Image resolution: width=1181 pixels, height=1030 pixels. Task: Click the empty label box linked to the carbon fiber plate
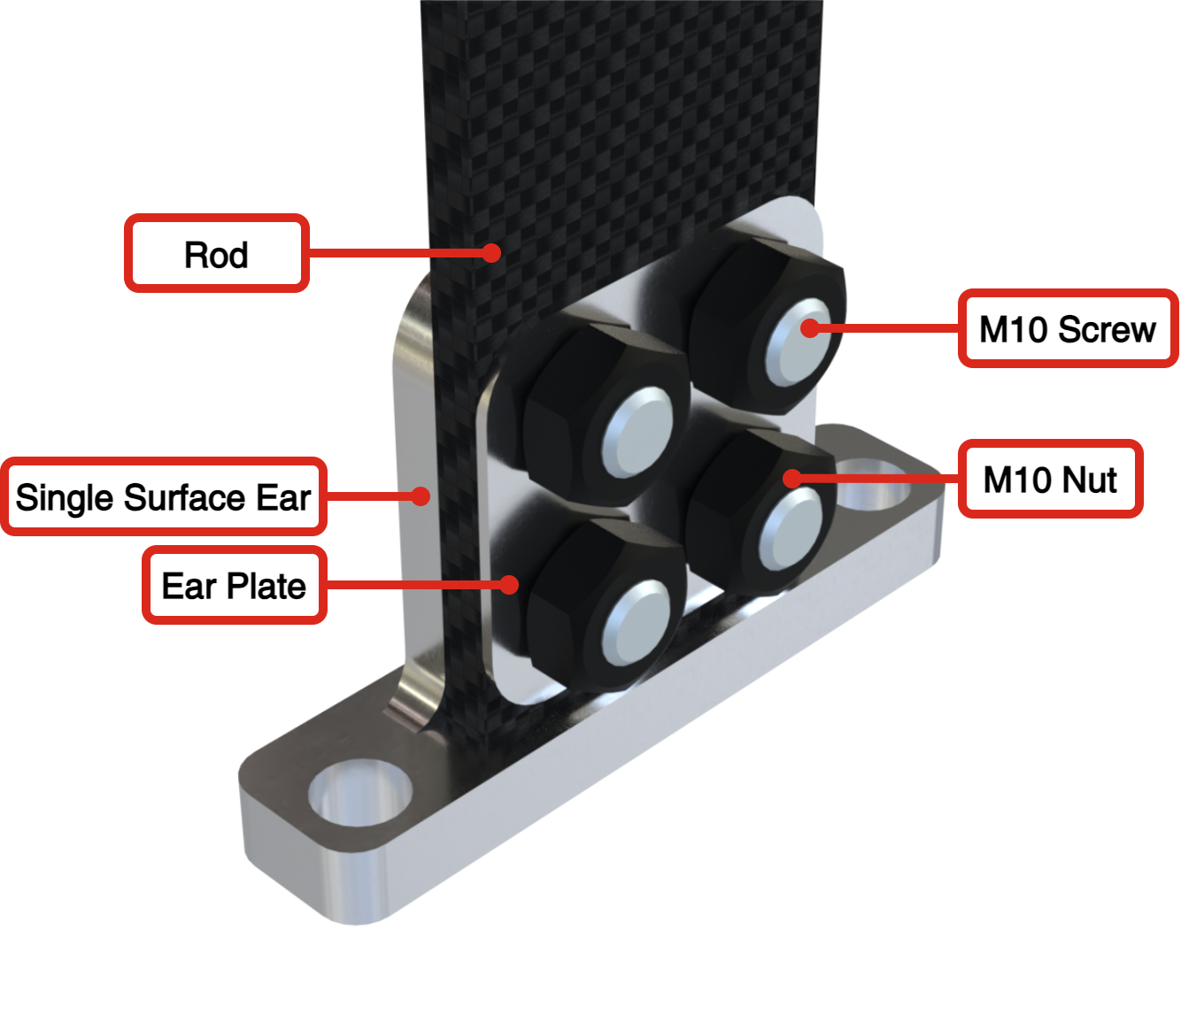pos(217,253)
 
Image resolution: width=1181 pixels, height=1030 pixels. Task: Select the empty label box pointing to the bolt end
pos(1068,327)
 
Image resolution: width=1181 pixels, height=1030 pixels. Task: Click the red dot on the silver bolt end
pos(809,328)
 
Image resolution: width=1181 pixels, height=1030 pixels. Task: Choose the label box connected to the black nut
pos(1050,479)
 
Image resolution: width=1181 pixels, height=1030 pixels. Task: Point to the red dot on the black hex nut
pos(791,479)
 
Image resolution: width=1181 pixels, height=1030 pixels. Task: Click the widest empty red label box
pos(164,496)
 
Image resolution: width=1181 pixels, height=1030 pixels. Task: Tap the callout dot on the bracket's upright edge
pos(422,496)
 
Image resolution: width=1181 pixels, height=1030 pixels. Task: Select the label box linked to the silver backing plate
pos(235,585)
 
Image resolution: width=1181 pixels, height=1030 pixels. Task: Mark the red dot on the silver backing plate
pos(509,585)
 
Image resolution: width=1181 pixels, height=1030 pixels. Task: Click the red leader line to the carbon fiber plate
pos(398,253)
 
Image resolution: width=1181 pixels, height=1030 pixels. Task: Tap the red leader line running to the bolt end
pos(885,327)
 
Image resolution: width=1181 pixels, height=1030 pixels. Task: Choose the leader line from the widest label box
pos(372,496)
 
